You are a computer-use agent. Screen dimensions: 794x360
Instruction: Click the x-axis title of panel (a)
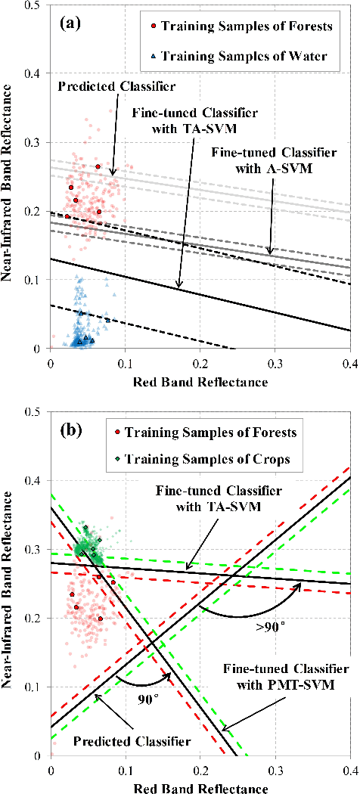[200, 382]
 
